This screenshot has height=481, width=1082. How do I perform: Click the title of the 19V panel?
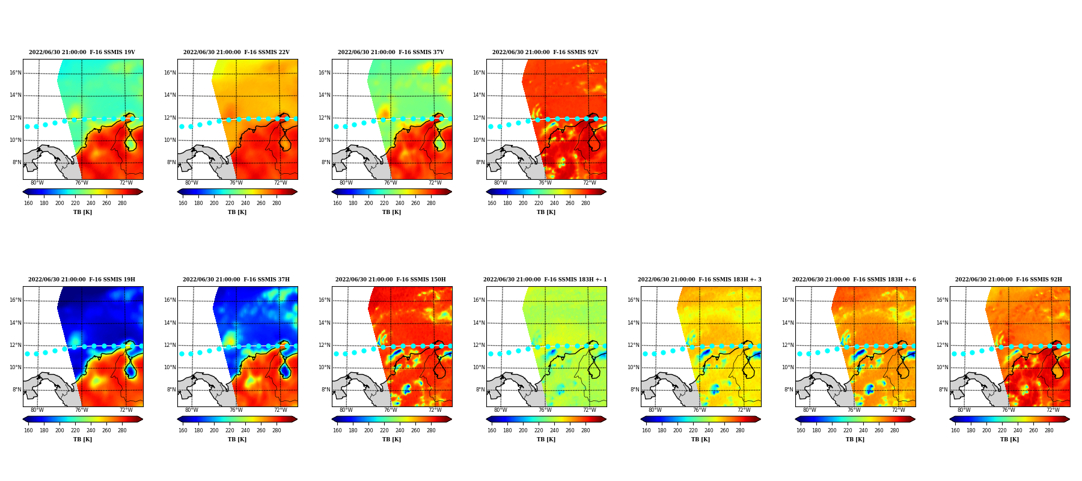click(82, 52)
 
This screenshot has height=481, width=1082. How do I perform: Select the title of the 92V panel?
click(545, 52)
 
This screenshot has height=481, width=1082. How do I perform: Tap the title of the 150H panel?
click(391, 280)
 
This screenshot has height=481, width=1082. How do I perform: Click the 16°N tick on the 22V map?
click(170, 73)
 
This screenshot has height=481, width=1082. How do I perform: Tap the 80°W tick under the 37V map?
click(346, 183)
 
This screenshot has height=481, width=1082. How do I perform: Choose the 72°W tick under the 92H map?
click(1053, 410)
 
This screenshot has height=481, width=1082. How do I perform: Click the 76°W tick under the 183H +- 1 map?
click(545, 410)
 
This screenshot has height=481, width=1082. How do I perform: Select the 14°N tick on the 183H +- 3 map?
click(634, 323)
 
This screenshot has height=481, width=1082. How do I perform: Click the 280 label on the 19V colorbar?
click(122, 203)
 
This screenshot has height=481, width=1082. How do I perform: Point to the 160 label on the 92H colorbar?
click(955, 430)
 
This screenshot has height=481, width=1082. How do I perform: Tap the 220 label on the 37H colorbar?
click(230, 430)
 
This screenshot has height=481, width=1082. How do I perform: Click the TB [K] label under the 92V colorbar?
click(546, 212)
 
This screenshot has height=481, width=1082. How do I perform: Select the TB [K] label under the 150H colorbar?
click(391, 440)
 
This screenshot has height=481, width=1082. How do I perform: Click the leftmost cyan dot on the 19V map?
click(27, 126)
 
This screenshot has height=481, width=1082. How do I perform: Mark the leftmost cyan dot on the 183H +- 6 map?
click(799, 354)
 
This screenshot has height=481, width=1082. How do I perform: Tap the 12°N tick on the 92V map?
click(479, 118)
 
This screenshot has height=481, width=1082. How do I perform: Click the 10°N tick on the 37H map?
click(170, 367)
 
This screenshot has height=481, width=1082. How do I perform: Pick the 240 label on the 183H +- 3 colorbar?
click(709, 430)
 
